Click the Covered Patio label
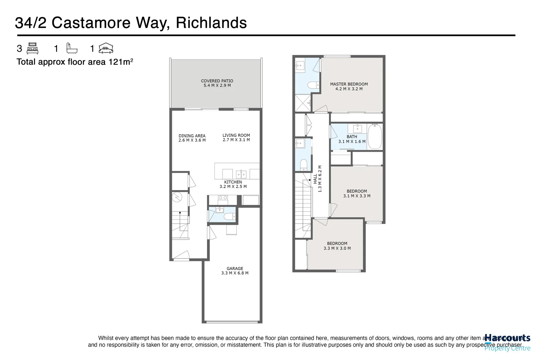(x=217, y=81)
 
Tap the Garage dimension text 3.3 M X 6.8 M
(x=235, y=273)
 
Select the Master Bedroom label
(x=349, y=84)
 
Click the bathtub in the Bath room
(x=376, y=137)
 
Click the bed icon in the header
(x=32, y=49)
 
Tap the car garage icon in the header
(x=106, y=48)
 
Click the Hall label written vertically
(x=315, y=179)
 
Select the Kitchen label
(x=233, y=182)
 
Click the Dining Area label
(x=192, y=136)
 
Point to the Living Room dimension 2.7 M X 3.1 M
(x=236, y=140)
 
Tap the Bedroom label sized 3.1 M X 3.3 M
(x=357, y=191)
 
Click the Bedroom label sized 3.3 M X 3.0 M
(x=337, y=244)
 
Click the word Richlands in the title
(x=211, y=23)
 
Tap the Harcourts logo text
(x=507, y=338)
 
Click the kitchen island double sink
(x=241, y=174)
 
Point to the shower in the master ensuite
(x=303, y=103)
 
